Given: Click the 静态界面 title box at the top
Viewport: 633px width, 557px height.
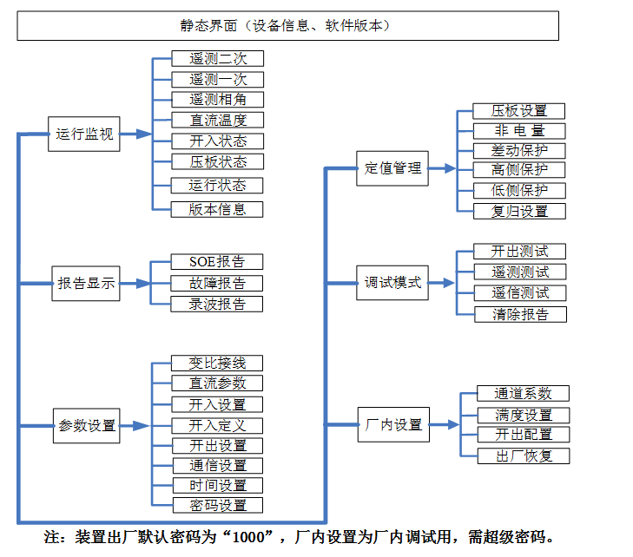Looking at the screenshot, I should pyautogui.click(x=287, y=26).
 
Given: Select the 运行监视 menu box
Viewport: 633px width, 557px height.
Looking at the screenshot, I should pyautogui.click(x=84, y=134).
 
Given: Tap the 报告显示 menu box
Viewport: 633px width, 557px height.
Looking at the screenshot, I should pyautogui.click(x=85, y=283).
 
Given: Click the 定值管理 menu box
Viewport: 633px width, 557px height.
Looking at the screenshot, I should pyautogui.click(x=392, y=167).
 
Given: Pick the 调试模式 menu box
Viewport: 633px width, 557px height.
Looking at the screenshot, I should pyautogui.click(x=392, y=282).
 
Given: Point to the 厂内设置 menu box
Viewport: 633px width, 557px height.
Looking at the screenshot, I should pyautogui.click(x=393, y=424).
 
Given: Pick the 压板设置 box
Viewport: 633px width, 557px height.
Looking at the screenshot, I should pyautogui.click(x=519, y=110).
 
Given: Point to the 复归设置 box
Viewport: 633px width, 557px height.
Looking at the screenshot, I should pyautogui.click(x=519, y=211).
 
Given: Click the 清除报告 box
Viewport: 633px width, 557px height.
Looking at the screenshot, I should pyautogui.click(x=519, y=314).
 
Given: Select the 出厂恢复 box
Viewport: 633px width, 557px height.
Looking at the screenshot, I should pyautogui.click(x=524, y=455).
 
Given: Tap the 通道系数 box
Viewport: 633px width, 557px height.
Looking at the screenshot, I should pyautogui.click(x=524, y=393).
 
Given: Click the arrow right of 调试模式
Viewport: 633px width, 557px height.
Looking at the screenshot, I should pyautogui.click(x=443, y=283).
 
